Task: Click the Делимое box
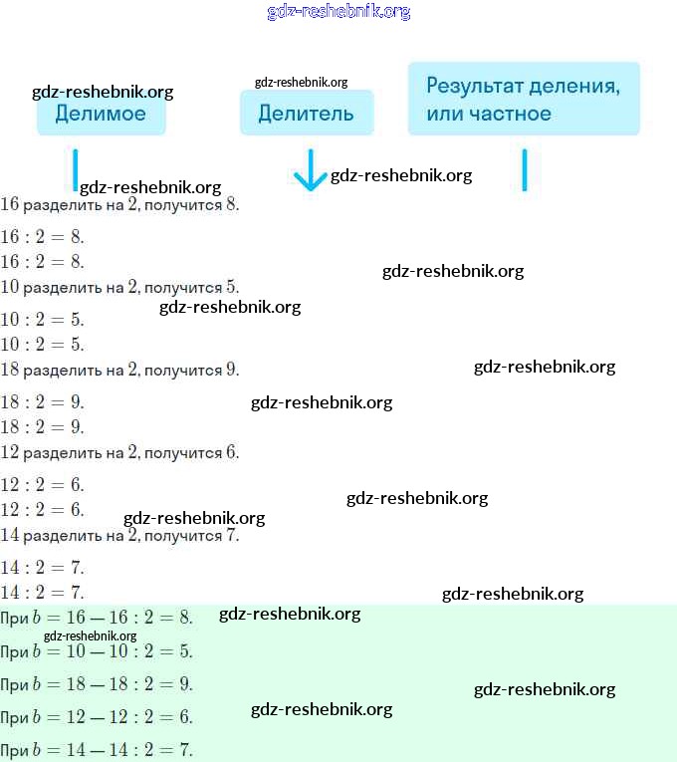pyautogui.click(x=101, y=115)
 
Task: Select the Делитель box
pyautogui.click(x=306, y=114)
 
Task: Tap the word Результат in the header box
pyautogui.click(x=474, y=85)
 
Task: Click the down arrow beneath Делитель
pyautogui.click(x=311, y=171)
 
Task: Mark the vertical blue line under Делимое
pyautogui.click(x=75, y=169)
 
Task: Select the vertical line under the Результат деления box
pyautogui.click(x=524, y=169)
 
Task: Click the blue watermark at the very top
pyautogui.click(x=338, y=12)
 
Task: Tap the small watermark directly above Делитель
pyautogui.click(x=301, y=83)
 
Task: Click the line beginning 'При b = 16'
pyautogui.click(x=97, y=619)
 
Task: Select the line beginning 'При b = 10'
pyautogui.click(x=97, y=651)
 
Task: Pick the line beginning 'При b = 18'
pyautogui.click(x=97, y=684)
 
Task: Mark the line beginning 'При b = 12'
pyautogui.click(x=97, y=717)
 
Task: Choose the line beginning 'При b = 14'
pyautogui.click(x=97, y=750)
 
